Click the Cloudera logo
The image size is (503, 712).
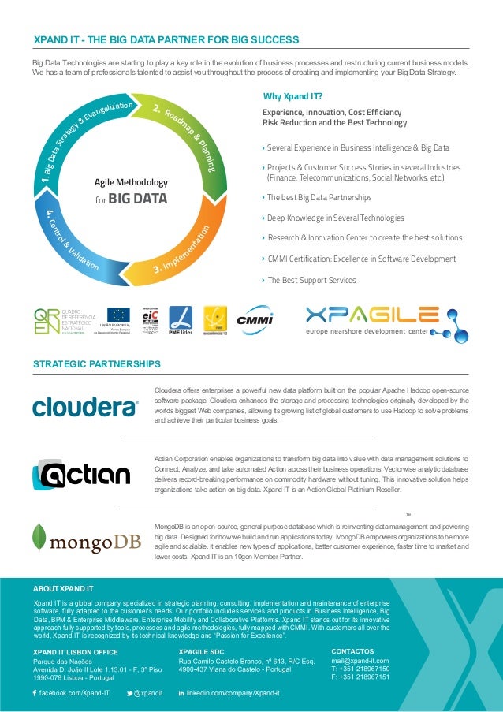pyautogui.click(x=85, y=407)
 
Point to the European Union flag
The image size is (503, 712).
pyautogui.click(x=119, y=316)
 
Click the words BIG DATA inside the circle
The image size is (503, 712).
pyautogui.click(x=138, y=198)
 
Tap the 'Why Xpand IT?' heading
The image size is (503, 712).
pyautogui.click(x=292, y=97)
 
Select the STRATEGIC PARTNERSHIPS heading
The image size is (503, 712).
pyautogui.click(x=96, y=364)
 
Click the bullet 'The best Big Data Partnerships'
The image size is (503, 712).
pyautogui.click(x=319, y=197)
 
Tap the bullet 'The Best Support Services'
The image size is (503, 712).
pyautogui.click(x=311, y=280)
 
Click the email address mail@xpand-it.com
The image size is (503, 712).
pyautogui.click(x=360, y=661)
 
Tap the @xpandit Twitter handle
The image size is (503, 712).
pyautogui.click(x=148, y=692)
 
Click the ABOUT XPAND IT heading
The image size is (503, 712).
pyautogui.click(x=63, y=588)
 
